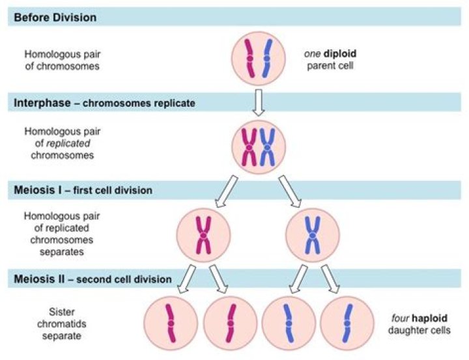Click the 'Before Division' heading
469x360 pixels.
point(55,18)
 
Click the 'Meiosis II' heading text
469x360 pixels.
point(37,279)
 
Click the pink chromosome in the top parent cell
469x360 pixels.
point(249,59)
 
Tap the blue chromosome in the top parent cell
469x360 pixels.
point(267,59)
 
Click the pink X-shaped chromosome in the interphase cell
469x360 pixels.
point(248,146)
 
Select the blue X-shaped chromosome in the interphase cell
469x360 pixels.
point(268,146)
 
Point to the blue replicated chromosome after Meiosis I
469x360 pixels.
point(313,234)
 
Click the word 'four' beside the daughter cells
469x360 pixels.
point(401,318)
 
